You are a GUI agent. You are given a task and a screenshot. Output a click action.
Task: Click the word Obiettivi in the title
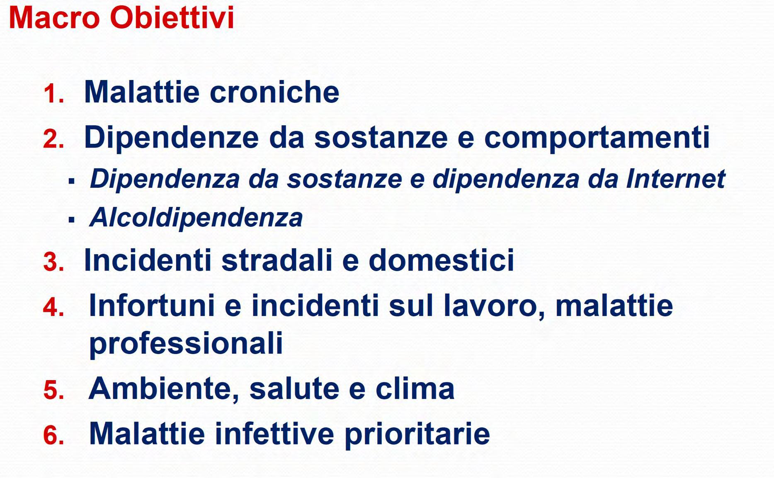click(172, 18)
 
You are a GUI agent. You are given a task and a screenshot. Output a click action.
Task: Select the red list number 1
click(54, 93)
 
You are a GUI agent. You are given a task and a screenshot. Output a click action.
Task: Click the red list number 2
click(54, 139)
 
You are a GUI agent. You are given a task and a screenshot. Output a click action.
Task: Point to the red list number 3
click(54, 262)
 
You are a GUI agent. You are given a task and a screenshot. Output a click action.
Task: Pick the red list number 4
click(54, 308)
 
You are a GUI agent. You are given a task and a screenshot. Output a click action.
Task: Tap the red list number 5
click(54, 390)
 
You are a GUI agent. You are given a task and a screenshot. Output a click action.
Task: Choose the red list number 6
click(54, 436)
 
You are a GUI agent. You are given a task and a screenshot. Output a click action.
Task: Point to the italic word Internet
click(676, 179)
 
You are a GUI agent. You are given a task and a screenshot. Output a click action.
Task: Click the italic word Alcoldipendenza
click(196, 218)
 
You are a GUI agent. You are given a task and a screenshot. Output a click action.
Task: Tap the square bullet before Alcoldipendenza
click(72, 219)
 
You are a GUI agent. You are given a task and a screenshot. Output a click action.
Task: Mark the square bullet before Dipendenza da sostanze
click(72, 181)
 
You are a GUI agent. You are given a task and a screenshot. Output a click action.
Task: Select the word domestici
click(442, 260)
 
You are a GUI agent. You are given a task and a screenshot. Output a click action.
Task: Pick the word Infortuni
click(152, 306)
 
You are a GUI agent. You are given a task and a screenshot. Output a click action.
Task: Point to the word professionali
click(186, 344)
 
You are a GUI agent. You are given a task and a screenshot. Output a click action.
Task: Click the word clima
click(415, 388)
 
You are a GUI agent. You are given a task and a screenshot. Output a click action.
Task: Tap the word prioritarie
click(417, 434)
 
